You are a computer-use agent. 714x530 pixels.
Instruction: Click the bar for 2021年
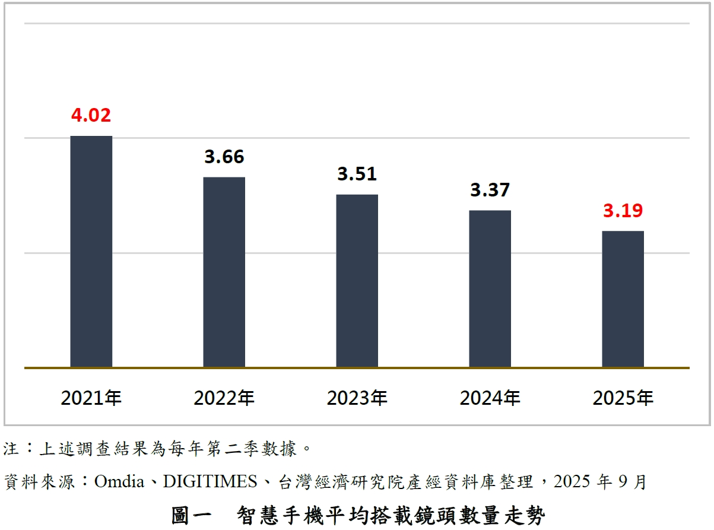coord(91,252)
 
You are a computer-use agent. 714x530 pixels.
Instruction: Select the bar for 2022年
coord(224,272)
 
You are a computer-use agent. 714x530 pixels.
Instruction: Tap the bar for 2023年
coord(357,281)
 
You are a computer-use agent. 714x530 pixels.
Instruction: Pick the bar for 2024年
coord(490,288)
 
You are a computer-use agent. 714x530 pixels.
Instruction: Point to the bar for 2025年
coord(623,299)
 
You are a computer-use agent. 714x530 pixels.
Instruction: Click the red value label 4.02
coord(91,115)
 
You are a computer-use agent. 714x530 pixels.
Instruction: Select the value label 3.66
coord(224,157)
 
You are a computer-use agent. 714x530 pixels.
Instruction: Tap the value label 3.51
coord(357,174)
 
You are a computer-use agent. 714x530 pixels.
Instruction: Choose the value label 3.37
coord(490,190)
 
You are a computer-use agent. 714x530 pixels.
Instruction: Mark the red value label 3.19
coord(623,211)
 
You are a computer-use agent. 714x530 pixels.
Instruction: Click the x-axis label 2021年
coord(91,398)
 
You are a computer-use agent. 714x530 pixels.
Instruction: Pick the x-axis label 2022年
coord(224,398)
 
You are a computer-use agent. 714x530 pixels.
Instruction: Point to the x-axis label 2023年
coord(357,398)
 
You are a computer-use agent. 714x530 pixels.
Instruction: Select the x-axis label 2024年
coord(490,398)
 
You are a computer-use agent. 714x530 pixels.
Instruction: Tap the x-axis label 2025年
coord(623,398)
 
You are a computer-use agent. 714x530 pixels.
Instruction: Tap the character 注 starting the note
coord(11,448)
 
